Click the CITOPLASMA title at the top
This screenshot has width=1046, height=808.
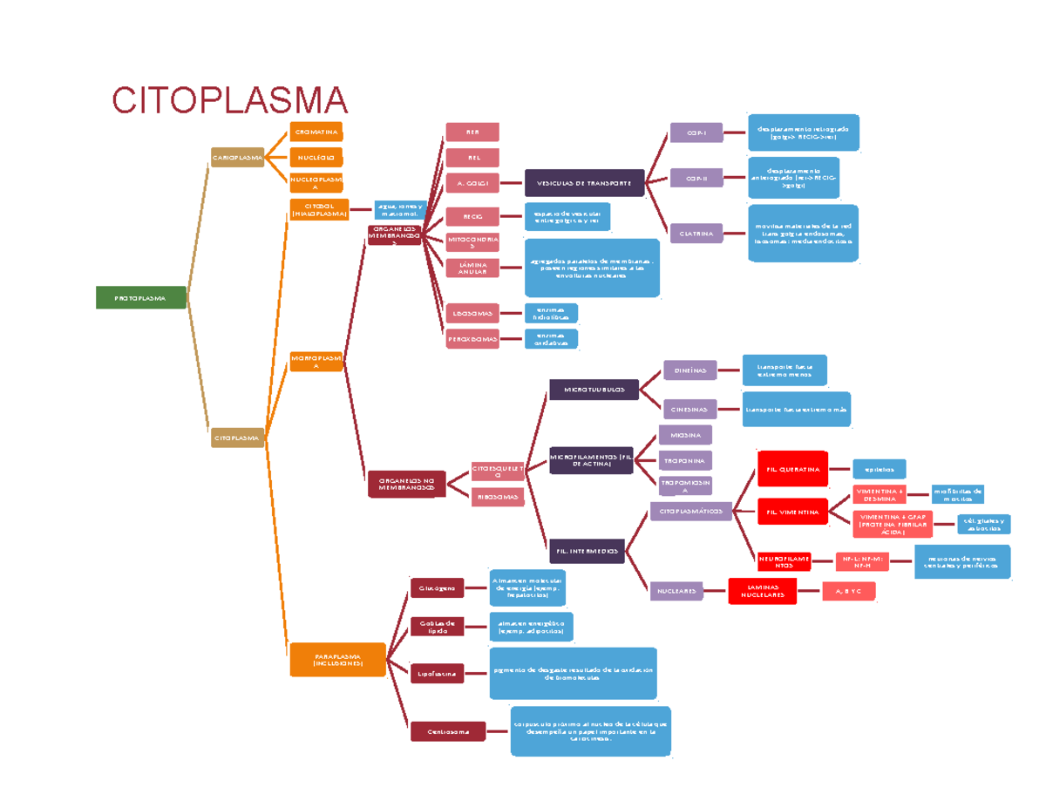(229, 100)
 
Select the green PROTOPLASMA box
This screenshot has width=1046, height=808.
(141, 298)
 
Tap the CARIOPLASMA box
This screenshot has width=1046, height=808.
(237, 158)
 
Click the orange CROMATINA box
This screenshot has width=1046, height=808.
(316, 132)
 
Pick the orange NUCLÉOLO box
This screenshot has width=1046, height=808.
(316, 158)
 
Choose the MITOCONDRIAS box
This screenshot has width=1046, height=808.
(472, 242)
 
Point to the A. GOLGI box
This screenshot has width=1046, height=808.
(472, 183)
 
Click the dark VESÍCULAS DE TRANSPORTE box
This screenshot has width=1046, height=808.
(584, 183)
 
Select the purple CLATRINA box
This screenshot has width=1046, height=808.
(696, 233)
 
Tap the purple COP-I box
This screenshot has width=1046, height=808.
(696, 133)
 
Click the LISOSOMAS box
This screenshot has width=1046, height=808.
(472, 312)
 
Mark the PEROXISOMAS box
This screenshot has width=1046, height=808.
(472, 339)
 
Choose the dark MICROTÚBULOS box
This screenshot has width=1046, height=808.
(594, 390)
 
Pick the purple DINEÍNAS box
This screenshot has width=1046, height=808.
(689, 370)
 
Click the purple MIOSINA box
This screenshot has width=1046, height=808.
(685, 433)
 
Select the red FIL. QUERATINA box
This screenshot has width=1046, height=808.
(792, 469)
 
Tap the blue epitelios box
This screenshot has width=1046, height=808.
(879, 469)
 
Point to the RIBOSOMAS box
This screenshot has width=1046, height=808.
(498, 497)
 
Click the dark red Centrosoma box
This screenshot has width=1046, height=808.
(448, 732)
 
